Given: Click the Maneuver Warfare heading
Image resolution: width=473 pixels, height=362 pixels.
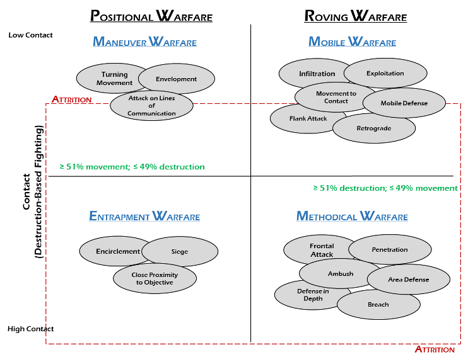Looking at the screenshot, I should (145, 42).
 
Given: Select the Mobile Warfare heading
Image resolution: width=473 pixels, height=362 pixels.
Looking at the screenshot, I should (352, 42).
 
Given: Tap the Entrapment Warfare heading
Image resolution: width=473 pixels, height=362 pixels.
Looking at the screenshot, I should (144, 217).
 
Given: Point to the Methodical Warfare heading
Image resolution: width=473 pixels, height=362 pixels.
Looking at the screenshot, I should (352, 217).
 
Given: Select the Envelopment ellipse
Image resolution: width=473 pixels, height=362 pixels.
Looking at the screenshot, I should (177, 79).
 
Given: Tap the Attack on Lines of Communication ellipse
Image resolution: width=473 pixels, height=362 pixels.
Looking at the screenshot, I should (151, 106).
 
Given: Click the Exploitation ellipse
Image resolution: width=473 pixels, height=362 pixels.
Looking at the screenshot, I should (385, 74).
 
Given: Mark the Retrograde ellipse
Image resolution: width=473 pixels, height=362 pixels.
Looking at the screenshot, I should (374, 128).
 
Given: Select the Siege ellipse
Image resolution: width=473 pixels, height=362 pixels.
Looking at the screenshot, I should (180, 252).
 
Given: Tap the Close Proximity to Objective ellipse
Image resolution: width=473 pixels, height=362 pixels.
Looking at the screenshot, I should (155, 278).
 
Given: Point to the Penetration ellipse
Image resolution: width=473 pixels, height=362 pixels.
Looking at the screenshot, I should (390, 250).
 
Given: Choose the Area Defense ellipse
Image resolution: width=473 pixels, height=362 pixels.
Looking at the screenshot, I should (409, 280).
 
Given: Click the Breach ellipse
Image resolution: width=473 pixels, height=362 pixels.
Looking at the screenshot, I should (378, 305).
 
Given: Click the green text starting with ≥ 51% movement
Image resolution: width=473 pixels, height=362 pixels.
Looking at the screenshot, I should (132, 167).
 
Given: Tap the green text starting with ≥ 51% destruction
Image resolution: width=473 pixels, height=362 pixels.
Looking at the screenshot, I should (385, 188).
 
